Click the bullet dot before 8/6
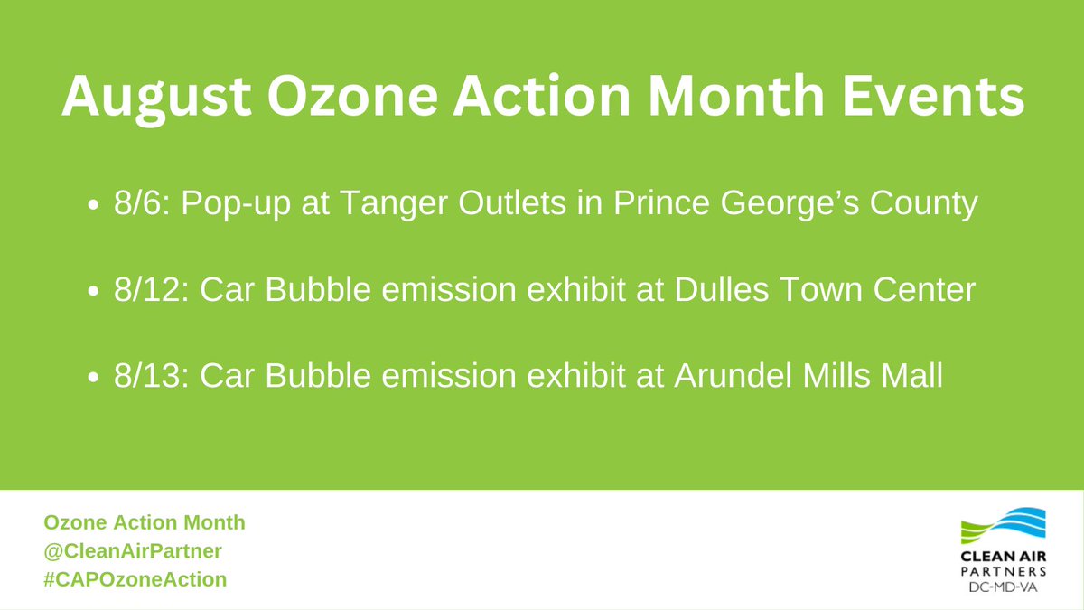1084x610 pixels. pyautogui.click(x=93, y=208)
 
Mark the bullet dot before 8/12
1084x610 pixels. pyautogui.click(x=93, y=294)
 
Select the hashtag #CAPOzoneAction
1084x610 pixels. pyautogui.click(x=135, y=578)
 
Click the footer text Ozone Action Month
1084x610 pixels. pyautogui.click(x=144, y=522)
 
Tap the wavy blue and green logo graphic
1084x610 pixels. pyautogui.click(x=1004, y=534)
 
